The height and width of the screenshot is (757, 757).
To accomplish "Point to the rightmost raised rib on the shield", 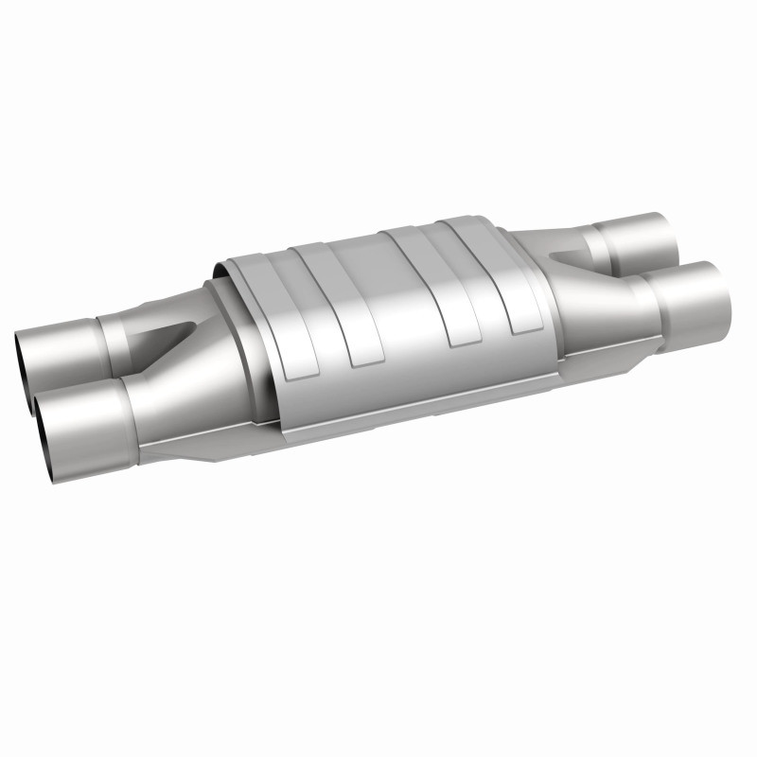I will pos(502,274).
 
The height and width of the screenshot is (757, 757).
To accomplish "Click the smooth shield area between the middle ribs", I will pos(388,303).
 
